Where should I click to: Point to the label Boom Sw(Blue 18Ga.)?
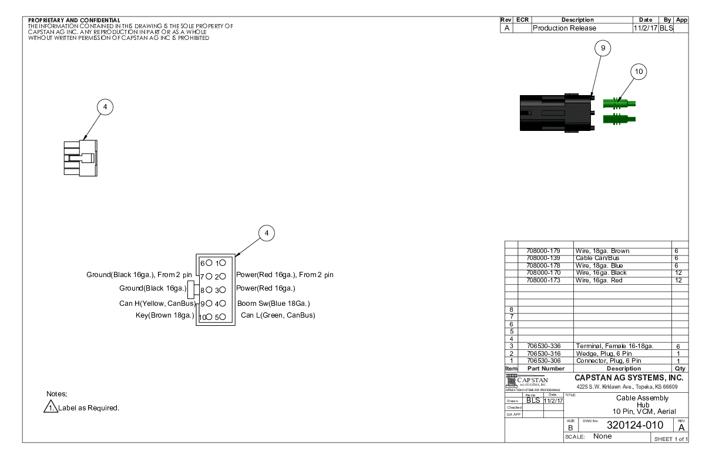(x=273, y=304)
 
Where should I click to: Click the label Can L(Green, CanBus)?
(x=278, y=315)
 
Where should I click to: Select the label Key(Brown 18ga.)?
(x=165, y=315)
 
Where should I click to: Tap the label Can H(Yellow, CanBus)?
(x=157, y=304)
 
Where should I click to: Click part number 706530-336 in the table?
(x=544, y=346)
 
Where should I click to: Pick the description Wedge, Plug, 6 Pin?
(x=604, y=353)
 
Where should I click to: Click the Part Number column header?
(x=546, y=368)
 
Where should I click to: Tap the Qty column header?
(x=680, y=368)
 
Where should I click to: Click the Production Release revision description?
(x=564, y=28)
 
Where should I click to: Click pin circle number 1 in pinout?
(x=223, y=262)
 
